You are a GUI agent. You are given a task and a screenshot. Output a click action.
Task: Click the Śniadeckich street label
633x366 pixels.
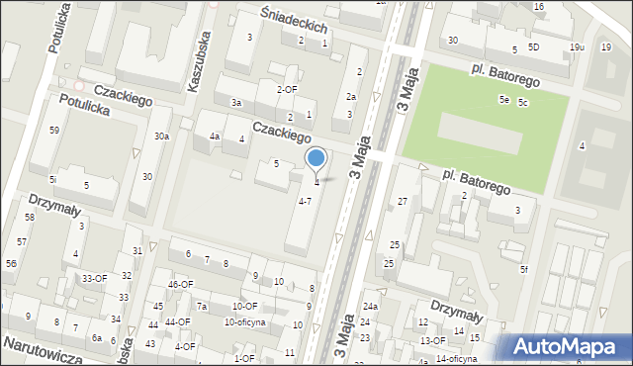(294, 21)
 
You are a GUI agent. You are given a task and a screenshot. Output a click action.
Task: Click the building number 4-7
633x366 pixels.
(306, 201)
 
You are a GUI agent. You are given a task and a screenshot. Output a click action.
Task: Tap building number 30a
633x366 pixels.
(161, 137)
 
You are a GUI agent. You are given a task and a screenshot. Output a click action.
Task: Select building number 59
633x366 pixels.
(53, 131)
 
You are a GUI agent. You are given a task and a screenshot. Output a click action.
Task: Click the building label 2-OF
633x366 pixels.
(287, 89)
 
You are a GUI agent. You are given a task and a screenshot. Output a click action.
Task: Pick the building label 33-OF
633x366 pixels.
(94, 279)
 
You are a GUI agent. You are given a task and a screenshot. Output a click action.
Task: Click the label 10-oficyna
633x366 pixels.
(244, 321)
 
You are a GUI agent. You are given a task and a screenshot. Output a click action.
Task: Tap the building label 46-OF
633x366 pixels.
(180, 285)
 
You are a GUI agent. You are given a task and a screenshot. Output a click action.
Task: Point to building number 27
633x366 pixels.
(403, 201)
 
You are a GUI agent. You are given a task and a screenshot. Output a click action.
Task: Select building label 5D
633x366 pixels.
(534, 47)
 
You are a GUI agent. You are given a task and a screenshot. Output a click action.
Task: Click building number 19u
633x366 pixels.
(578, 47)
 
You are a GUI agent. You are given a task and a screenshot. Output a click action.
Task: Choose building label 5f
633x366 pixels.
(525, 269)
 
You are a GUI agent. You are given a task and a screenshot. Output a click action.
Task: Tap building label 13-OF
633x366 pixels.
(433, 340)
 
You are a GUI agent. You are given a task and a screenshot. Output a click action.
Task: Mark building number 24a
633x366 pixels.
(370, 307)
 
